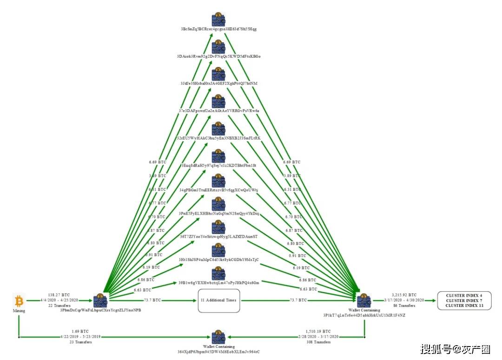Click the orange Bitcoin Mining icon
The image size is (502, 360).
[19, 300]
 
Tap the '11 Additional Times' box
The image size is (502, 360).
[218, 300]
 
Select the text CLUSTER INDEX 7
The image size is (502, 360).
[464, 300]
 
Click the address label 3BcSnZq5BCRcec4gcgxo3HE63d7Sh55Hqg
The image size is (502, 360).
[218, 29]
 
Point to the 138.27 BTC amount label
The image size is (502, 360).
[59, 295]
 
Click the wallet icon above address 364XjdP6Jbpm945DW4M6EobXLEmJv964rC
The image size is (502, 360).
[218, 337]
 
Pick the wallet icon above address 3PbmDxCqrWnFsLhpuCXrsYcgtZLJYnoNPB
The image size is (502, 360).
[100, 301]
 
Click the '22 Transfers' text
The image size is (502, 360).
[59, 306]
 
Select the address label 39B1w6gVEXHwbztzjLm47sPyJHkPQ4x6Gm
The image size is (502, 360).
[218, 282]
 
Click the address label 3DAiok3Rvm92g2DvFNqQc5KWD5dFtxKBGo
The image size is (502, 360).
[218, 56]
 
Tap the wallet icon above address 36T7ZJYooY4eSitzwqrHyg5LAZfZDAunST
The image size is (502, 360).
[218, 227]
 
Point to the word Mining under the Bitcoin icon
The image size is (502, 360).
[19, 311]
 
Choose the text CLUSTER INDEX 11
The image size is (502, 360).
[464, 306]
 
